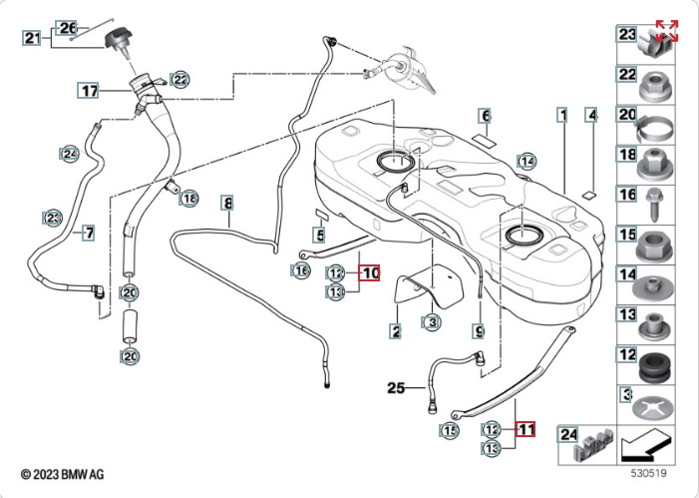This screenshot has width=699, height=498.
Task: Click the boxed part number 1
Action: [562, 116]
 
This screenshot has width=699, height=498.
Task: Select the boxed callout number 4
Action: [591, 116]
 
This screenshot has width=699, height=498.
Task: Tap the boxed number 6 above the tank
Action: [485, 116]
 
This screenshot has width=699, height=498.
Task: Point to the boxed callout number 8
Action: [227, 203]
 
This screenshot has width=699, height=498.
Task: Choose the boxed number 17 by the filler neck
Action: [90, 91]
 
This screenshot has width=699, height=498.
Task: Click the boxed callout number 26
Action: [68, 28]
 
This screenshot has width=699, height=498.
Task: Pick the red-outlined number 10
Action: [370, 271]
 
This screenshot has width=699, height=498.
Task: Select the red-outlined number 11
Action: [525, 430]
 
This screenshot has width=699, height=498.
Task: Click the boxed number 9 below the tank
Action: [479, 329]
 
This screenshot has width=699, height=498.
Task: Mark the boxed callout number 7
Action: [88, 233]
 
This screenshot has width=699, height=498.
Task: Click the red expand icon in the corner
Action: [667, 31]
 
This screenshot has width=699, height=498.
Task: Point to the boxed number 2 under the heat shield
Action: [396, 330]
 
